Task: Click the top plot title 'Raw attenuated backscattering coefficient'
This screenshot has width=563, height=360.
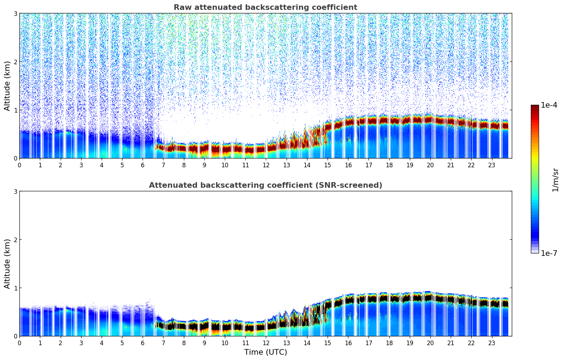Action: (265, 7)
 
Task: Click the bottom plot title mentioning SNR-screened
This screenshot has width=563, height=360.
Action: (265, 185)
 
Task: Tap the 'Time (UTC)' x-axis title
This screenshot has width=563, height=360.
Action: (265, 352)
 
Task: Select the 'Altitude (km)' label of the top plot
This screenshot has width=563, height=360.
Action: (7, 86)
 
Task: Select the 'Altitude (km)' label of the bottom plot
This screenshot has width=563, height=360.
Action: (7, 264)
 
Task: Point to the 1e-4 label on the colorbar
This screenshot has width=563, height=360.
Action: (549, 105)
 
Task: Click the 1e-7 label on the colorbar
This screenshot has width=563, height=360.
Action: (549, 253)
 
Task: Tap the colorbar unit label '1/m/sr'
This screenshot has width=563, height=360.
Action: (555, 180)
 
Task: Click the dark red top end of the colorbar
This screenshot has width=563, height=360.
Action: (534, 106)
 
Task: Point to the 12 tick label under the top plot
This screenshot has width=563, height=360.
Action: (266, 165)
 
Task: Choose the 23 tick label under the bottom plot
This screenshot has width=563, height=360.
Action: (492, 343)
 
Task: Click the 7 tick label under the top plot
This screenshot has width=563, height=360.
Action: (163, 165)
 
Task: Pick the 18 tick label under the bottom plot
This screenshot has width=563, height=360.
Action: (389, 343)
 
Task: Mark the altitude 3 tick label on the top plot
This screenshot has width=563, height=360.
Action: (16, 13)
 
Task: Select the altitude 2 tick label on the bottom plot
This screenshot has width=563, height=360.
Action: (16, 240)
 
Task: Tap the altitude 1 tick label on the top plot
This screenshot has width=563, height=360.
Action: (16, 110)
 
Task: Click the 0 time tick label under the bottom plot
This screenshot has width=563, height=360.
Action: (19, 343)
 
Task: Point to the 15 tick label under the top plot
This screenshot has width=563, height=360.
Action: (328, 165)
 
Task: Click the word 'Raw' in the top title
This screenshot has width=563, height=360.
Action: (181, 7)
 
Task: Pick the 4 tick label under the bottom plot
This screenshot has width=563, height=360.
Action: (102, 343)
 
